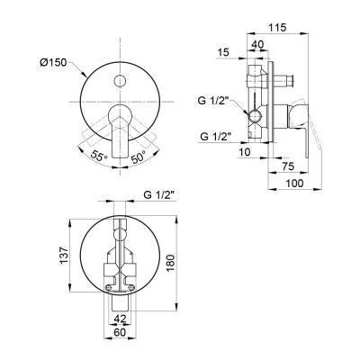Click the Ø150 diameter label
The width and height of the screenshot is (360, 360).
tap(53, 62)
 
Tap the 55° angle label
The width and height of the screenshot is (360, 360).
tap(99, 156)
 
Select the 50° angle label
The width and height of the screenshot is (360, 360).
tap(139, 157)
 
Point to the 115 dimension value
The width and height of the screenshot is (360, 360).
tap(277, 27)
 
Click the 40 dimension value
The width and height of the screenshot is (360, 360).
tap(257, 44)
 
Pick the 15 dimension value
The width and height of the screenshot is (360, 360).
tap(223, 52)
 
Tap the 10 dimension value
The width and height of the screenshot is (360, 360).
tap(245, 152)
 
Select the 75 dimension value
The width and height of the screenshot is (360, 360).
tap(288, 166)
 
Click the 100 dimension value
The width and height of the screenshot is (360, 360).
tap(294, 183)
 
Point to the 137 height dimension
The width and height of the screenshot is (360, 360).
tap(65, 256)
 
